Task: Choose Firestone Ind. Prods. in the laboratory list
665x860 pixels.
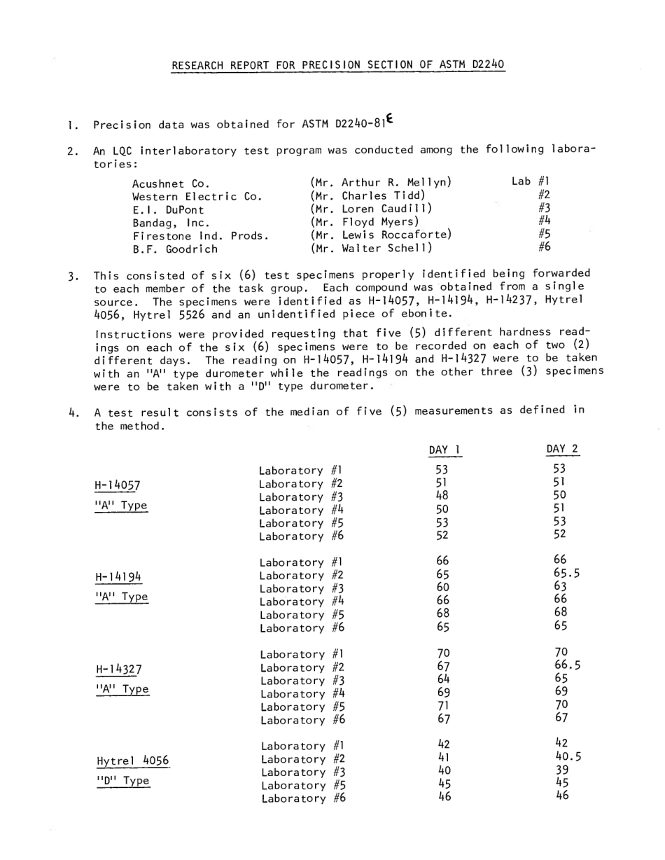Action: tap(201, 235)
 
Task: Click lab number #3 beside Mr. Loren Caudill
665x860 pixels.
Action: tap(544, 208)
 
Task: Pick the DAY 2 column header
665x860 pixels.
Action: tap(562, 448)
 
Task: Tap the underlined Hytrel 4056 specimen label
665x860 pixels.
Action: tap(132, 761)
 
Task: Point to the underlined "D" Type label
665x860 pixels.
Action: tap(122, 781)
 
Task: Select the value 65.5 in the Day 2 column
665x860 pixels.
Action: tap(568, 572)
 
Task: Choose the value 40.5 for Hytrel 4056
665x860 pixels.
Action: tap(568, 756)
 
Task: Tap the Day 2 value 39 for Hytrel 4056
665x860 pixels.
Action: tap(561, 769)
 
